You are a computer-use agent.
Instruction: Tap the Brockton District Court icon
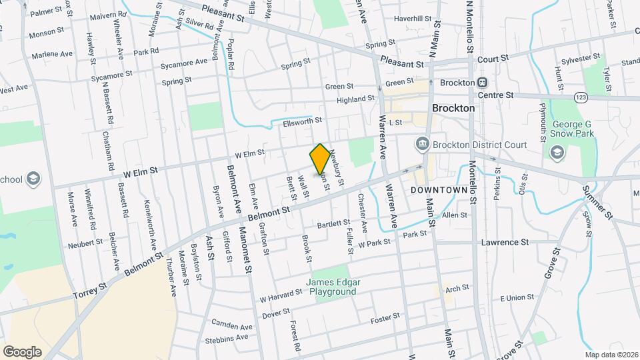click(421, 144)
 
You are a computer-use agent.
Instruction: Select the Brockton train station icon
click(482, 83)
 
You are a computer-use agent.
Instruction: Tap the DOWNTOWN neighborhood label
click(436, 190)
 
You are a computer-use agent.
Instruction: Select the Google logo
click(22, 351)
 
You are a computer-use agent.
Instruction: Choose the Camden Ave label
click(232, 327)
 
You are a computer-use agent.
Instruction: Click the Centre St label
click(499, 95)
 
